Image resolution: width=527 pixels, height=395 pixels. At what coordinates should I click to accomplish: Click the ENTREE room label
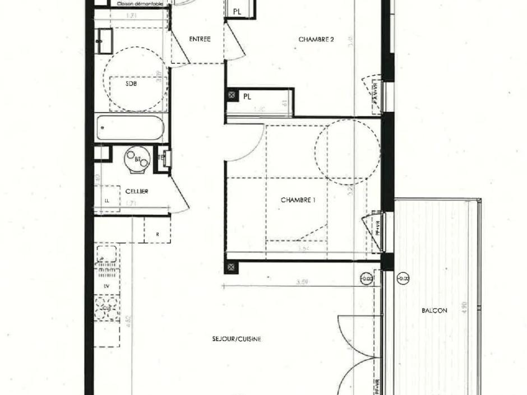click(x=200, y=39)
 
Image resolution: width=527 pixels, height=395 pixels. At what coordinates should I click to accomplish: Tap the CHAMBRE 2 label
click(x=316, y=39)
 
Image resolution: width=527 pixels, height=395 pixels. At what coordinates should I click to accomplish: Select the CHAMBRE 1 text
click(x=298, y=199)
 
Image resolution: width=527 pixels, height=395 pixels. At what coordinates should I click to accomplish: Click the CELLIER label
click(x=137, y=192)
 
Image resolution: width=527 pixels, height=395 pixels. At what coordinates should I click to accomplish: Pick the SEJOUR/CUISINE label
click(x=237, y=339)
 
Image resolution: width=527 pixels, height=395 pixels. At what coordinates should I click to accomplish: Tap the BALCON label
click(x=434, y=310)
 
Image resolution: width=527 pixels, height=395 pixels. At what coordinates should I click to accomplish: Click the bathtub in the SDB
click(x=131, y=128)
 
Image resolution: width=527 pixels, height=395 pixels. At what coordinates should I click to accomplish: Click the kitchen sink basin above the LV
click(x=107, y=255)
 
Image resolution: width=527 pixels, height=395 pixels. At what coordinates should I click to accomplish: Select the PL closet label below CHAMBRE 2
click(x=247, y=96)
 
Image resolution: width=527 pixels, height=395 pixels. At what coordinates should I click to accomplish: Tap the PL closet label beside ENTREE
click(x=237, y=11)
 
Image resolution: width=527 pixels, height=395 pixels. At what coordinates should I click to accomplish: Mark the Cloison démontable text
click(x=140, y=3)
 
